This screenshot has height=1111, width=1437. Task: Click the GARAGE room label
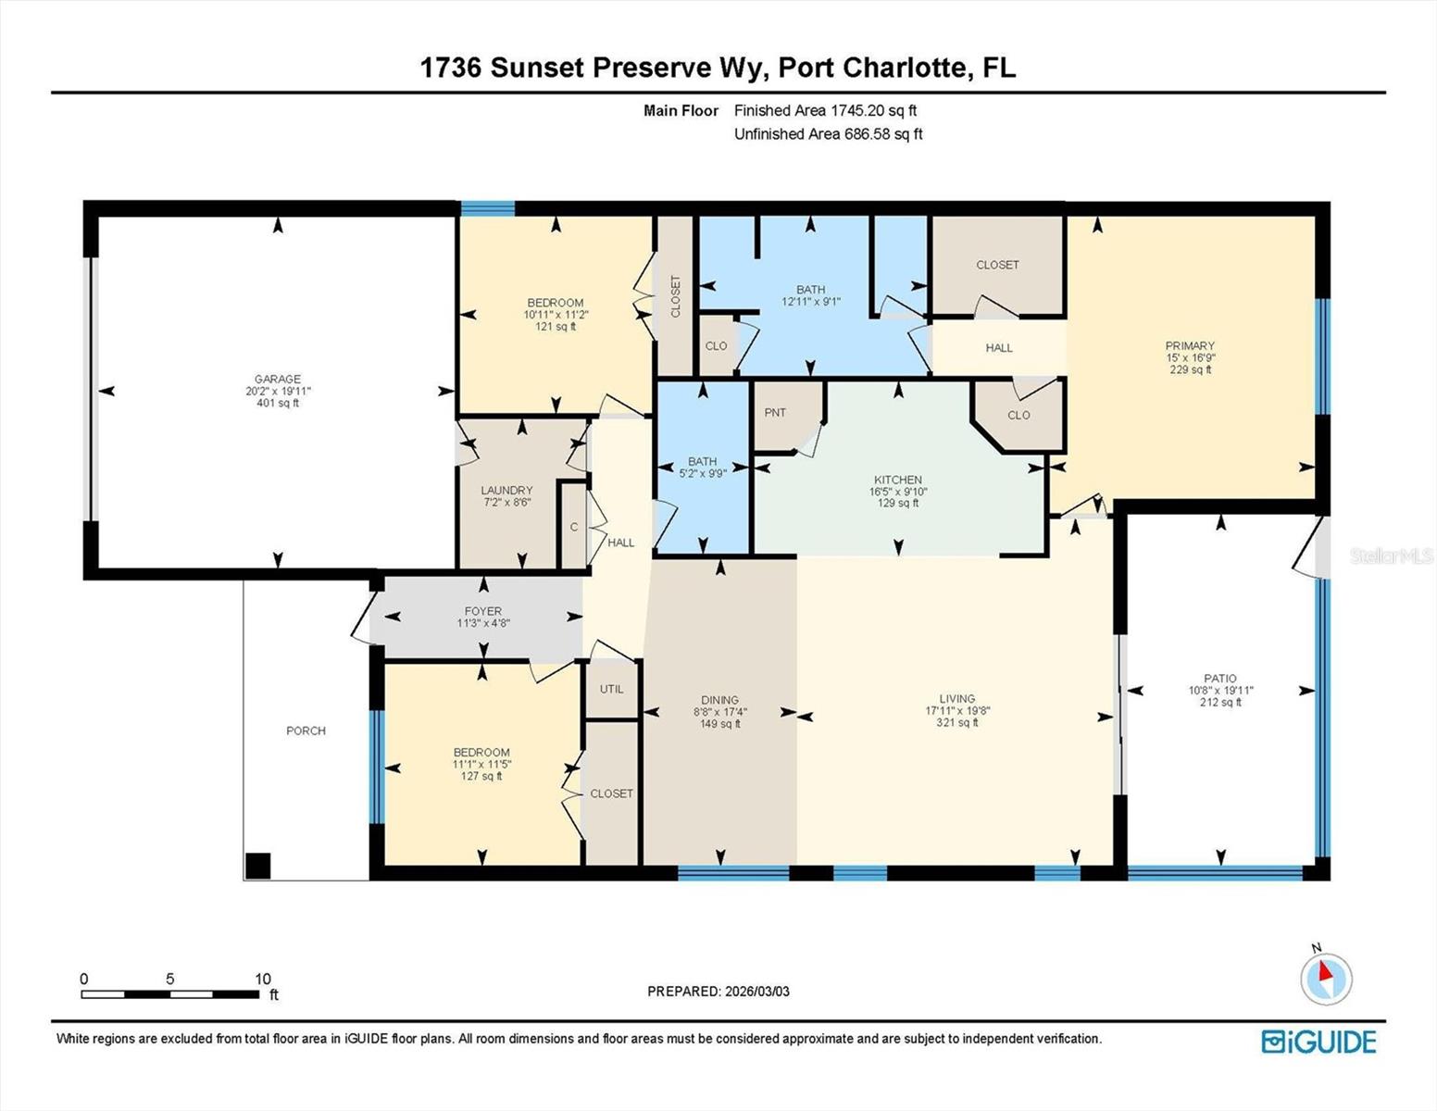pos(278,379)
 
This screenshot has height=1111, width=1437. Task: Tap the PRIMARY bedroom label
pos(1190,346)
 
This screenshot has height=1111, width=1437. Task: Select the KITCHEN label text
pos(897,480)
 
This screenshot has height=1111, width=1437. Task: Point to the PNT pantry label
pos(775,413)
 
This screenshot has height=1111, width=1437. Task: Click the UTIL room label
pos(611,689)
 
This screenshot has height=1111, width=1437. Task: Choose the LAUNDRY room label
pos(506,491)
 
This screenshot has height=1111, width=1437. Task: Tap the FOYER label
pos(482,611)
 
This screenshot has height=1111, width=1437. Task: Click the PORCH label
pos(306,730)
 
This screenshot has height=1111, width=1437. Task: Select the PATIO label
pos(1220,679)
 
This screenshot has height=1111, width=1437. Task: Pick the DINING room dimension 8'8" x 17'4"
pos(719,712)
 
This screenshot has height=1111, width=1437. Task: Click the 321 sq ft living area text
pos(956,723)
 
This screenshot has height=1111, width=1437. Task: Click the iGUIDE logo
pos(1318,1042)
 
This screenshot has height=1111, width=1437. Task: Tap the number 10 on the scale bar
pos(263,979)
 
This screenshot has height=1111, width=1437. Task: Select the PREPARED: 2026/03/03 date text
pos(718,992)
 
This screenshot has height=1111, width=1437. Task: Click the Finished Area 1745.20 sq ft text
pos(825,110)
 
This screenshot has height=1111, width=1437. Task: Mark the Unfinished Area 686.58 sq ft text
pos(828,134)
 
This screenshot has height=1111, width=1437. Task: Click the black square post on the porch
pos(258,866)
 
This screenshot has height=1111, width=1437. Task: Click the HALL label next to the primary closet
pos(999,348)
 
